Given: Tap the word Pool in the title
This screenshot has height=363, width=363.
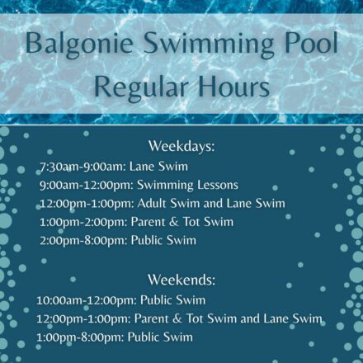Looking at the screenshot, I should (304, 43).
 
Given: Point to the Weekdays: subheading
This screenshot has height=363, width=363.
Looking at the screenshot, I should (181, 147).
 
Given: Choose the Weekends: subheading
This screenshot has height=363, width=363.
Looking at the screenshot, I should (181, 280).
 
